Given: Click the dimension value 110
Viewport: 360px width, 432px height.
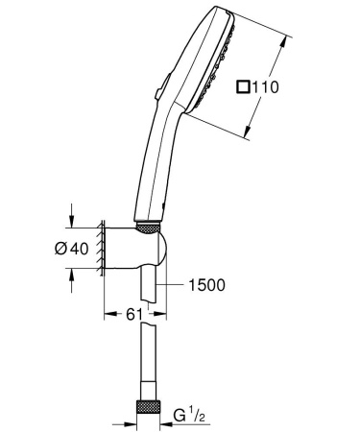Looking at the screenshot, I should [268, 87].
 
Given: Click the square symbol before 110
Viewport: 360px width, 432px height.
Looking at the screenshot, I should [242, 87].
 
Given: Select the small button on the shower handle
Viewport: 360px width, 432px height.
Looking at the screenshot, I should [155, 92].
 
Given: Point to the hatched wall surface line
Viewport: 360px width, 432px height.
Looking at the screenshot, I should [99, 252].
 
